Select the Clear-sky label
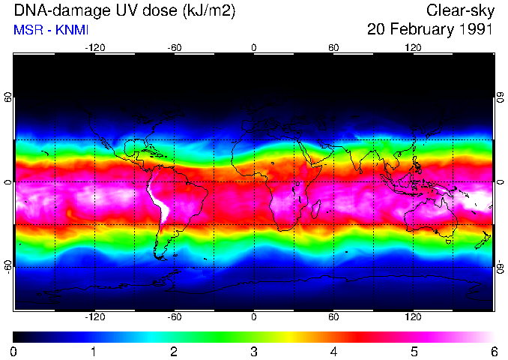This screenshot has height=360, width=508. (459, 10)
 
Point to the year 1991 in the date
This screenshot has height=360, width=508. (477, 30)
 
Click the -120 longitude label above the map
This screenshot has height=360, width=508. (94, 47)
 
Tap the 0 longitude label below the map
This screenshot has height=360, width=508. (254, 317)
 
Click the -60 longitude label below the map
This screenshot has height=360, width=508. (175, 317)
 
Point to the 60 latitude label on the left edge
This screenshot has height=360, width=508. (9, 98)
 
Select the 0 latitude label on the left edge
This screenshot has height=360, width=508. (9, 182)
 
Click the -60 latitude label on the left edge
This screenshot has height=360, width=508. (9, 266)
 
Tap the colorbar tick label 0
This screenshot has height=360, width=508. (14, 351)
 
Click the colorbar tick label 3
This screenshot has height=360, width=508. (254, 351)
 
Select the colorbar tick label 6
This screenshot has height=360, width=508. (493, 351)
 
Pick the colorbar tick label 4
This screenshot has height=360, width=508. (333, 351)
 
